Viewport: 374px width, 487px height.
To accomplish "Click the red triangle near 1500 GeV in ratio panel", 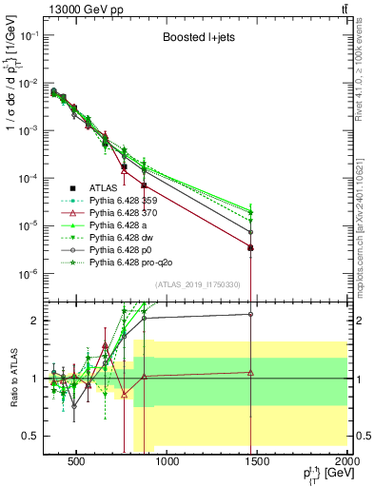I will pos(250,373).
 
